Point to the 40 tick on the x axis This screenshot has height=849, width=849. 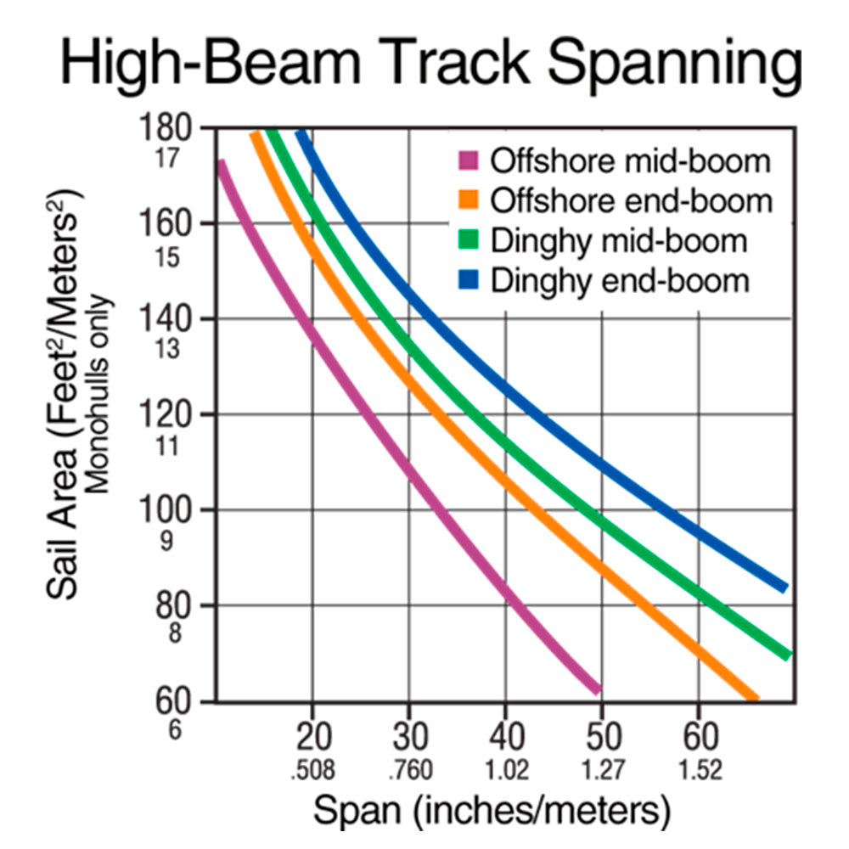(x=505, y=735)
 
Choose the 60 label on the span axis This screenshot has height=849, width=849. (x=698, y=735)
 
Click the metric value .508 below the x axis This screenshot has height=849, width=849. (x=312, y=771)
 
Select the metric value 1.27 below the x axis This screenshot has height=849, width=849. (x=602, y=771)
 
